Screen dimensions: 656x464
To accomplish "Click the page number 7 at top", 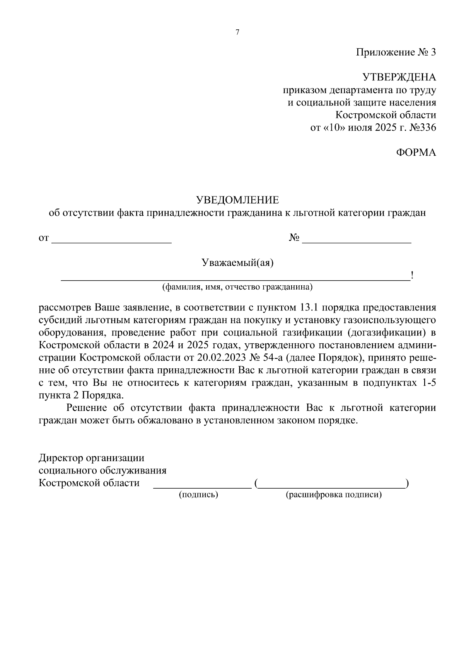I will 237,32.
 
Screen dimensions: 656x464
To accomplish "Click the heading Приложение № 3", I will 396,52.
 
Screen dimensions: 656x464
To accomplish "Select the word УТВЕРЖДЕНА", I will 399,77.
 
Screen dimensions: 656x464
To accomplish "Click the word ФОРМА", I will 416,153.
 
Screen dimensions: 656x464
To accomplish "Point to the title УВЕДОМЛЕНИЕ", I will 237,200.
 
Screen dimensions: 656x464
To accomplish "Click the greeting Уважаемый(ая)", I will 237,263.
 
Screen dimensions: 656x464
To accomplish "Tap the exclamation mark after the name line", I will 412,276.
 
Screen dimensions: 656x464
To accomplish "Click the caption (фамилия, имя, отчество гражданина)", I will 237,287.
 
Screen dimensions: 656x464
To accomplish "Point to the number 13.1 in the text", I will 309,308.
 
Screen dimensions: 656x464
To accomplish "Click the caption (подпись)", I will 198,495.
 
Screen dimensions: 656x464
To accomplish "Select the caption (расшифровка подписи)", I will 333,495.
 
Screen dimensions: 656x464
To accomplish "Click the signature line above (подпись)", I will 202,486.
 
